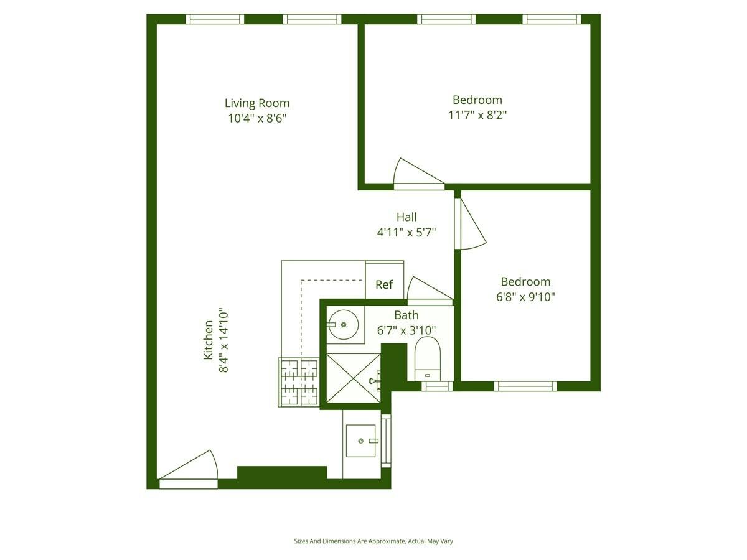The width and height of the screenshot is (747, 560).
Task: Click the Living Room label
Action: tap(257, 103)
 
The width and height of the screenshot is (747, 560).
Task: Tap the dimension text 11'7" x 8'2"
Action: tap(477, 115)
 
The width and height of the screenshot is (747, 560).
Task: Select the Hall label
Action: tap(406, 217)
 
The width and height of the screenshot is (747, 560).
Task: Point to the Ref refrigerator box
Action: tap(384, 280)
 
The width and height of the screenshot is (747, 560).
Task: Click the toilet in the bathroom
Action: tap(428, 359)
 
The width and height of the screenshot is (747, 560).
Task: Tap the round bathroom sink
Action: tap(343, 325)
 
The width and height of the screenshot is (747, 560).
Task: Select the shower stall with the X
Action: tap(353, 378)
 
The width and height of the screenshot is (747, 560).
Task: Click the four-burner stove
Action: tap(299, 383)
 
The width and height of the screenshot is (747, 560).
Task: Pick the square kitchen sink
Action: tap(361, 441)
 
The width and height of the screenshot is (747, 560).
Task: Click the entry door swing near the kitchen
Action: tap(188, 470)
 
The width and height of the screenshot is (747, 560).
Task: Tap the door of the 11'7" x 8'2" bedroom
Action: tap(418, 174)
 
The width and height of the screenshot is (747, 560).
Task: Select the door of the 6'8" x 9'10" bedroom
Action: tap(470, 224)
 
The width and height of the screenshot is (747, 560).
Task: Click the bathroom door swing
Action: tap(430, 291)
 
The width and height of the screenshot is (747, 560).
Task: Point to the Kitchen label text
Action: tap(209, 340)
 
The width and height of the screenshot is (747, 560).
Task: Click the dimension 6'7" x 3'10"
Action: tap(406, 330)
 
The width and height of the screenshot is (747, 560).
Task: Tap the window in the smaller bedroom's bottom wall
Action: tap(525, 386)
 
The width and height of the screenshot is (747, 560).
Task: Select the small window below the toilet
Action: tap(437, 386)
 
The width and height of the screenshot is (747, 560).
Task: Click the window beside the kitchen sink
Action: tap(386, 441)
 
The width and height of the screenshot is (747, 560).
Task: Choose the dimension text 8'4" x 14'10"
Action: tap(223, 340)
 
